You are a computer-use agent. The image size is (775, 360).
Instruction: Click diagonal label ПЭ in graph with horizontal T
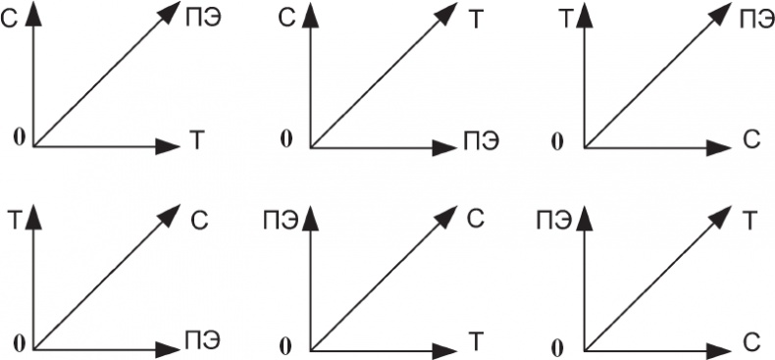[x=203, y=20]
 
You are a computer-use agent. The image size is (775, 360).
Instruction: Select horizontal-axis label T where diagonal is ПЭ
[x=196, y=141]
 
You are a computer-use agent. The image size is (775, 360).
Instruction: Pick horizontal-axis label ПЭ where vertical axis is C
[x=481, y=141]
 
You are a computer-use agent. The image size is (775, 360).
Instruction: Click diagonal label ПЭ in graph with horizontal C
[x=757, y=20]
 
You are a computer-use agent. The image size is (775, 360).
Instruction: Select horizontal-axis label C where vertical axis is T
[x=750, y=141]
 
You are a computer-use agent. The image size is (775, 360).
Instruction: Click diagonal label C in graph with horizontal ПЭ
[x=199, y=221]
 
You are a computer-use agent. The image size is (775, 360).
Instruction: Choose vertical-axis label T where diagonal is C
[x=16, y=222]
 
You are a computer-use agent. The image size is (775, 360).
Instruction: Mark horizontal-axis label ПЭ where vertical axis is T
[x=203, y=339]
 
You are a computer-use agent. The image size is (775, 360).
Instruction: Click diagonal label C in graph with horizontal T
[x=475, y=220]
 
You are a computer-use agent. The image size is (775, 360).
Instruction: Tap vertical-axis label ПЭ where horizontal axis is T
[x=281, y=222]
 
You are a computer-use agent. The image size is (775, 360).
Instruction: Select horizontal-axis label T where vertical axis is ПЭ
[x=475, y=341]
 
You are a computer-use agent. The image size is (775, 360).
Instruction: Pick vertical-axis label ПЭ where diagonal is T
[x=554, y=222]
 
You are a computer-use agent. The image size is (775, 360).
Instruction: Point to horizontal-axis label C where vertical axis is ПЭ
[x=751, y=341]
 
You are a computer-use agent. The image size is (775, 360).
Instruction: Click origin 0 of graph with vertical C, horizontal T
[x=20, y=138]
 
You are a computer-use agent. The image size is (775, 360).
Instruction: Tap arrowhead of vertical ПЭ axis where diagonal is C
[x=310, y=219]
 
